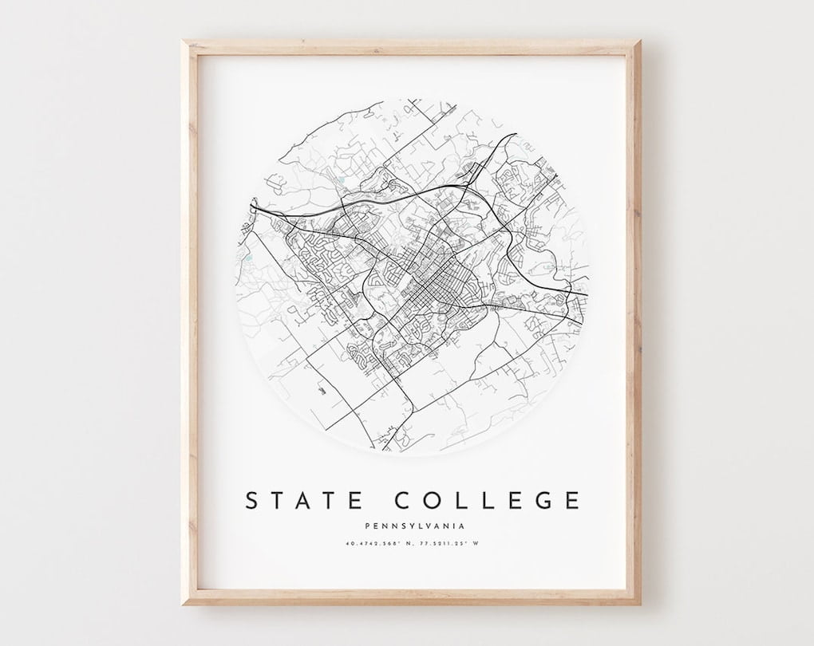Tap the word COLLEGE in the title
tap(487, 501)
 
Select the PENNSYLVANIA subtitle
tap(413, 526)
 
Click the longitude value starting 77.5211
tap(450, 544)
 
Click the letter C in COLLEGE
tap(404, 501)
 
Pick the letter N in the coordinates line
tap(409, 544)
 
